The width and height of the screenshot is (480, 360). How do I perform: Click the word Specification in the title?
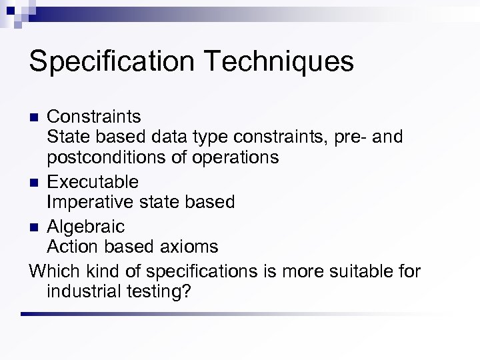[111, 62]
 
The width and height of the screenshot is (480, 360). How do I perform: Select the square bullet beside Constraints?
[35, 117]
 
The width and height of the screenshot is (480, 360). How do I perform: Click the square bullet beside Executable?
[35, 182]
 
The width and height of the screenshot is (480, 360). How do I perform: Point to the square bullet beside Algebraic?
[35, 227]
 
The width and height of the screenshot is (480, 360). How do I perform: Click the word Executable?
[93, 181]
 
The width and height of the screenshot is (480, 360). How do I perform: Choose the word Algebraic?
[86, 226]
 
